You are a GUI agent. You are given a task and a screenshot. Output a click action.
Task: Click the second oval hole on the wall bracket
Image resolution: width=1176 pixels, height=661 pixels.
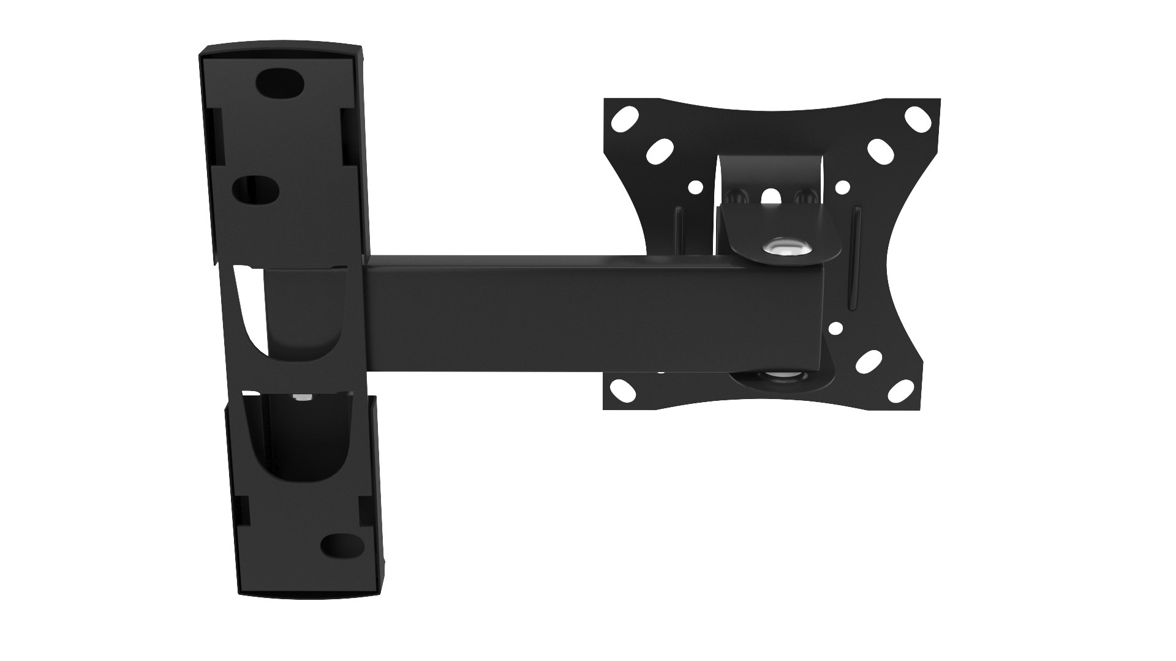tap(256, 190)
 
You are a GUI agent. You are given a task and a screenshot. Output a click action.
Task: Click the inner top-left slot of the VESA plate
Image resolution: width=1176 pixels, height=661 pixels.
tap(660, 151)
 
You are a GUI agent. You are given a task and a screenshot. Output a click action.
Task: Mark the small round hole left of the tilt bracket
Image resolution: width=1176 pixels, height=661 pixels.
tap(695, 187)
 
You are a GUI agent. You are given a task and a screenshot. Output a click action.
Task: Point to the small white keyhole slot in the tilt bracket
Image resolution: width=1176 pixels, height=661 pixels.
tap(770, 196)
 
